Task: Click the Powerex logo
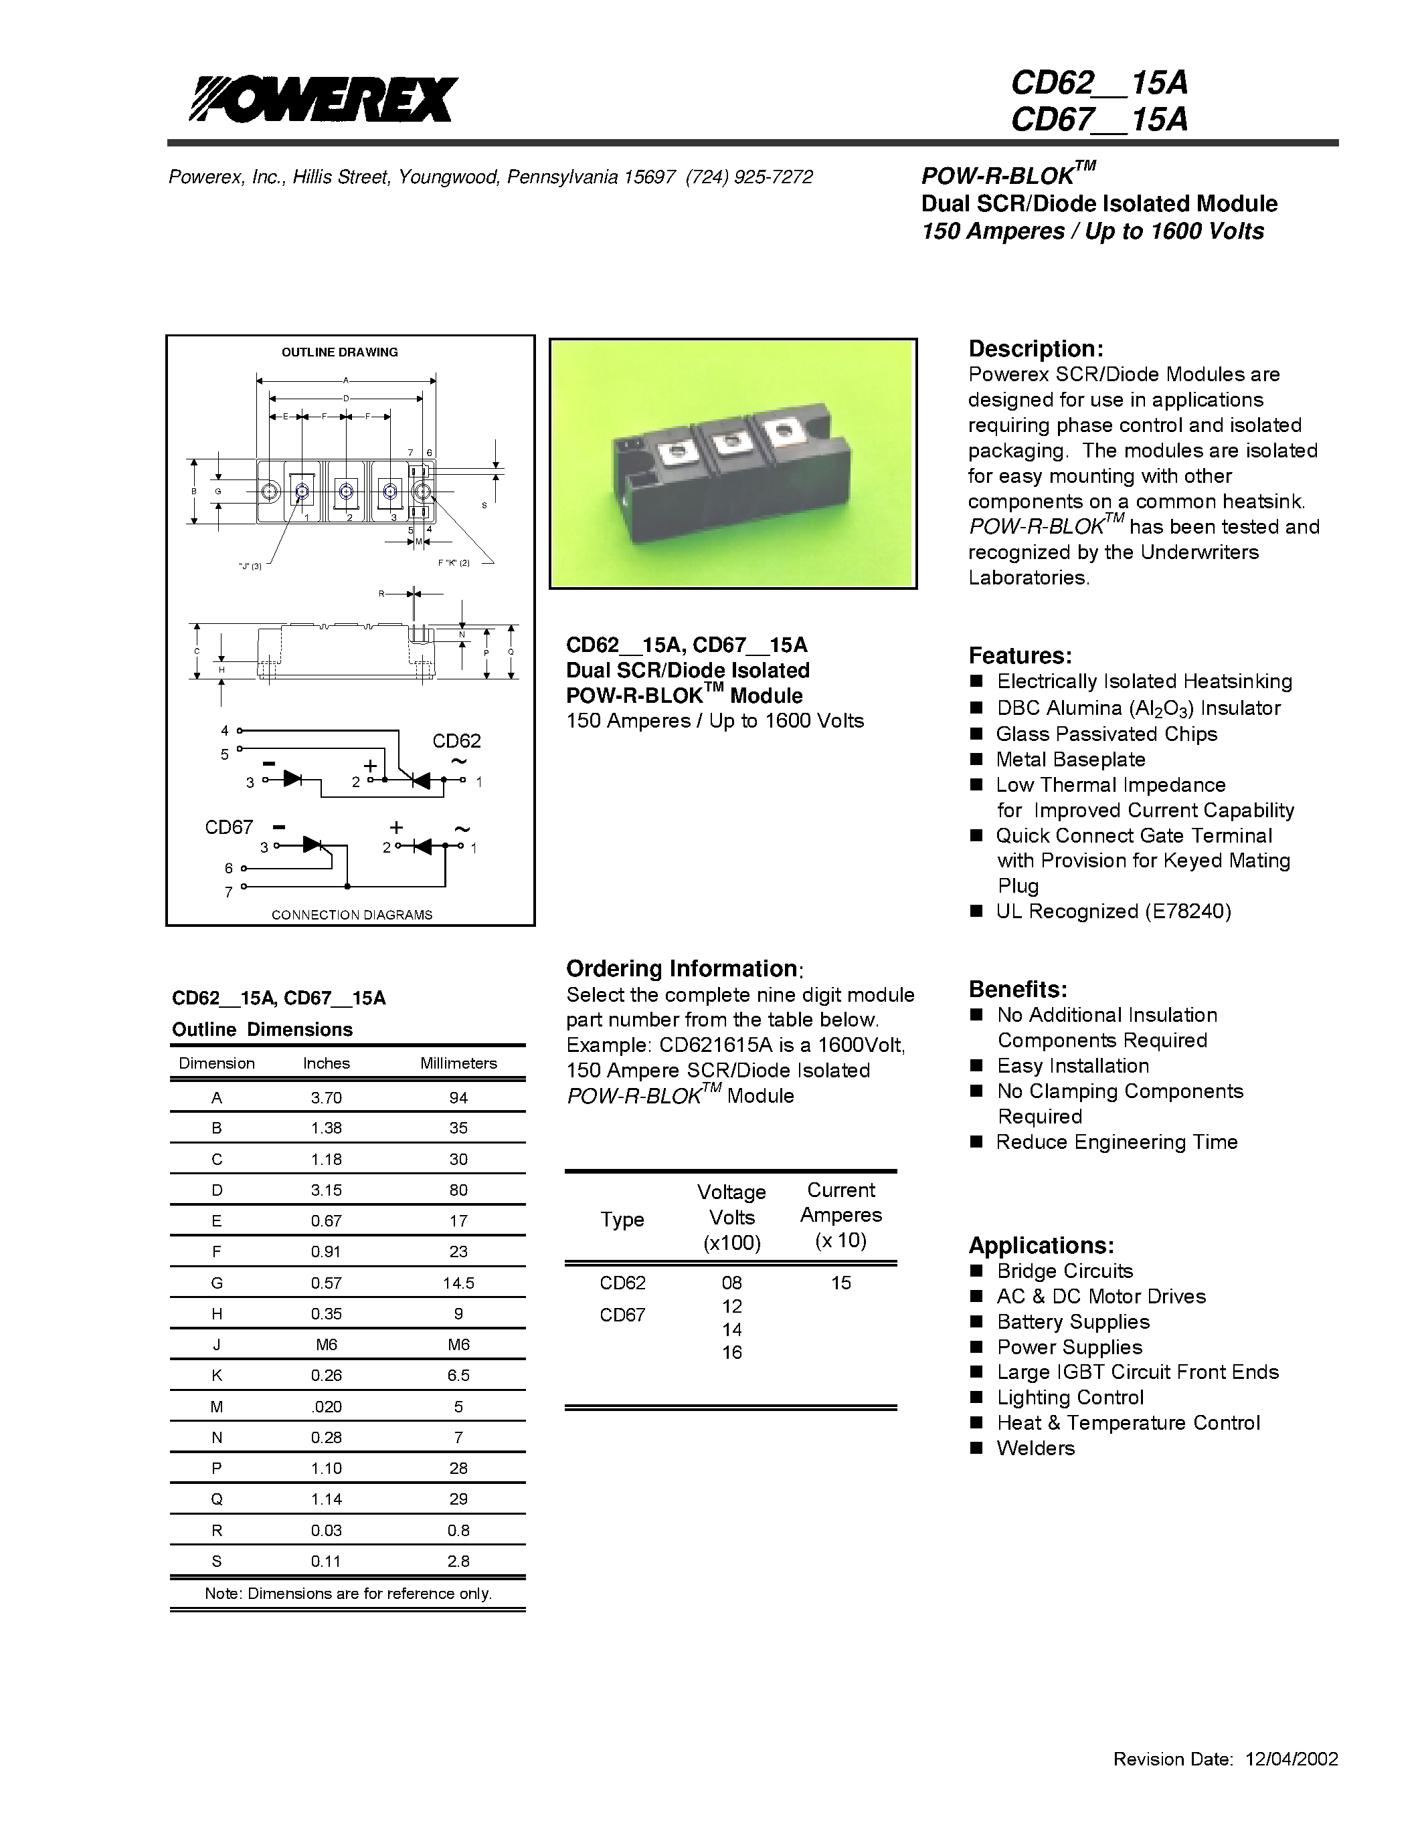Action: point(323,100)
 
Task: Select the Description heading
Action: point(1035,348)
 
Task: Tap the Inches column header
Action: point(326,1063)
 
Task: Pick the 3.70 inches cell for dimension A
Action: point(326,1097)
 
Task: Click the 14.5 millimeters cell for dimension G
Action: point(458,1283)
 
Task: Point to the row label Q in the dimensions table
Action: point(217,1499)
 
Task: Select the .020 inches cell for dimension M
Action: point(326,1406)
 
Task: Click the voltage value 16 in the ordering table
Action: point(731,1352)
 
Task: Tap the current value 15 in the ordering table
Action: point(840,1283)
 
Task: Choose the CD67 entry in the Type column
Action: point(622,1315)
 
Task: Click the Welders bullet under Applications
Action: point(1035,1448)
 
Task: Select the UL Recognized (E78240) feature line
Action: point(1113,911)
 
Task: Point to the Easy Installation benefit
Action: point(1073,1066)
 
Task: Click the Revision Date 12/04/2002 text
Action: point(1225,1758)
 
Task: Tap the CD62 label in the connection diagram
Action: point(456,741)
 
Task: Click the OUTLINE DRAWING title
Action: point(339,352)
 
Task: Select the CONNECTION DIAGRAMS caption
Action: point(351,914)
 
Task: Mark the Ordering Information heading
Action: point(681,968)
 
